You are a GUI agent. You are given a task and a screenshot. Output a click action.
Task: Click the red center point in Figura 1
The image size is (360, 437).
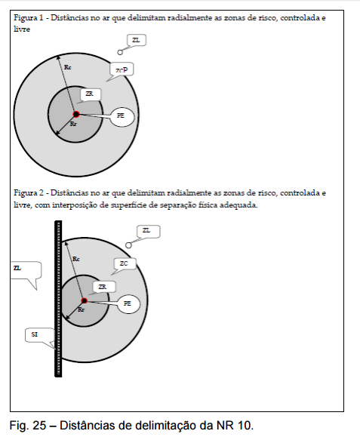(76, 114)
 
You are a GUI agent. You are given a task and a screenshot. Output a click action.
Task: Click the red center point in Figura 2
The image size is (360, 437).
(84, 300)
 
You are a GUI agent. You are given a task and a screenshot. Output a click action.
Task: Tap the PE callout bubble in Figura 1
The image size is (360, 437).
(122, 116)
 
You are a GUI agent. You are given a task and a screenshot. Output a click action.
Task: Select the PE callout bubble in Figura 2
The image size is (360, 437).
(128, 303)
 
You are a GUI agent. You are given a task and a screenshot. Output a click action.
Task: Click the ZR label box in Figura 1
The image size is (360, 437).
(90, 94)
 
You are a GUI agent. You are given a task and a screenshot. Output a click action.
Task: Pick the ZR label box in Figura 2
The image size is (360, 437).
(103, 287)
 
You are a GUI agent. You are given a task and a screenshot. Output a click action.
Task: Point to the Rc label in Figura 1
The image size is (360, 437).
(68, 67)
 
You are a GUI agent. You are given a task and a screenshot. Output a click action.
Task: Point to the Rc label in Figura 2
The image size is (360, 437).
(75, 259)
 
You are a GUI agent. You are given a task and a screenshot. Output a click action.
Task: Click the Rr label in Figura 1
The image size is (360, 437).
(73, 124)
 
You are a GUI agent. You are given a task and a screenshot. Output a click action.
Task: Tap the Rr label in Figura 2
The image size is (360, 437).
(81, 309)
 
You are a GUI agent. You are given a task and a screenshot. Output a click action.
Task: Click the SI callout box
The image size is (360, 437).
(39, 335)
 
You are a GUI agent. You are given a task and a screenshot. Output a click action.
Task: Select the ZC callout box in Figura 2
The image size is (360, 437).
(125, 264)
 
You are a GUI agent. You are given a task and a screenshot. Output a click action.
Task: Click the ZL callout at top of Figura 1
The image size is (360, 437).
(137, 41)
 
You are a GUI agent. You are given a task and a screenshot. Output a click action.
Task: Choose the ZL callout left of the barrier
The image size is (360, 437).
(26, 270)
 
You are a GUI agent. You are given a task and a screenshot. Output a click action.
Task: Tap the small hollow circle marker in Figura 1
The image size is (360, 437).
(120, 52)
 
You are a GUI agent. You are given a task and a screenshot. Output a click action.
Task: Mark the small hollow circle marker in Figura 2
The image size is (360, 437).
(128, 245)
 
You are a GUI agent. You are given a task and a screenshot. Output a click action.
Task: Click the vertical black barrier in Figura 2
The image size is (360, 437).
(58, 299)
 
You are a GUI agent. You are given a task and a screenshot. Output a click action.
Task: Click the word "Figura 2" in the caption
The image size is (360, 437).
(29, 193)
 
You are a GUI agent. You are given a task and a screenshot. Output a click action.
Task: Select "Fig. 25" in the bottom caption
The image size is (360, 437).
(28, 426)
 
